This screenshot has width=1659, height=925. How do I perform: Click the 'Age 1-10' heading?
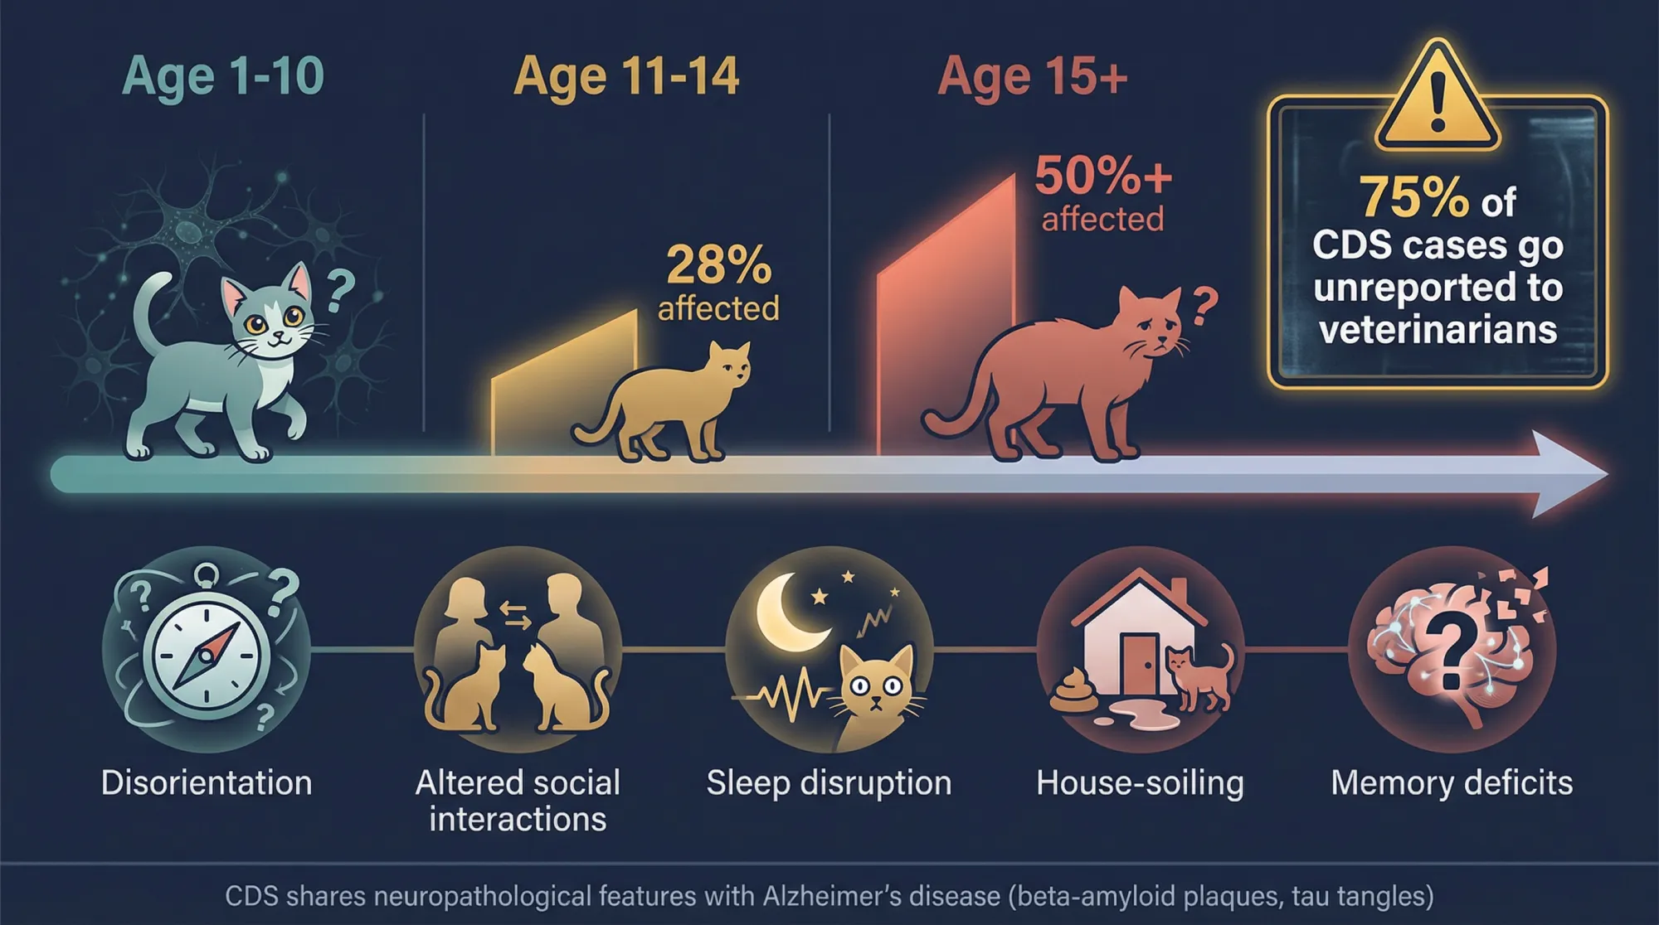(x=222, y=76)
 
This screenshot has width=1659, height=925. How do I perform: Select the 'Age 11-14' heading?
(x=626, y=76)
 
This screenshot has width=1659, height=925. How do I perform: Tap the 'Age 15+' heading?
(x=1032, y=76)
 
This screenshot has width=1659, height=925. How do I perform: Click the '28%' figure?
(x=718, y=265)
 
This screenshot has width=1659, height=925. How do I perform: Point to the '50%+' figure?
(x=1102, y=176)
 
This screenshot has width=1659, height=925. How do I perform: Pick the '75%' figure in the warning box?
(x=1413, y=198)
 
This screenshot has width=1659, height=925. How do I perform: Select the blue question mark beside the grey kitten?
(x=339, y=290)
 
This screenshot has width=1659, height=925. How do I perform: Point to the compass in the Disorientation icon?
(x=207, y=655)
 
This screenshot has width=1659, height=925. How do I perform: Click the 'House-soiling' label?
(x=1140, y=783)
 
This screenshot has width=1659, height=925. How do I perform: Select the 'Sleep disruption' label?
(x=829, y=783)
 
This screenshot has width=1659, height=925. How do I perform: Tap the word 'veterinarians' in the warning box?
(x=1438, y=330)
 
